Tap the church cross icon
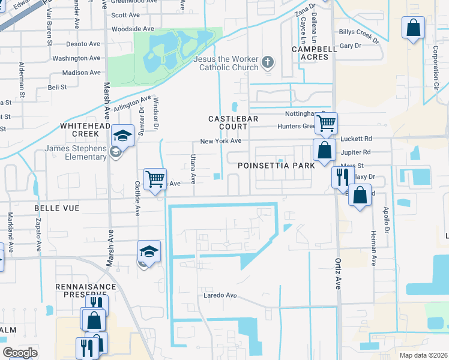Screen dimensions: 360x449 click(268, 62)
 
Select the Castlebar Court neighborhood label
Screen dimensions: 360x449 click(233, 122)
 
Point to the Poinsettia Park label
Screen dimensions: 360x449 click(276, 165)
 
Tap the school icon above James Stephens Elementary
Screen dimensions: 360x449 click(122, 135)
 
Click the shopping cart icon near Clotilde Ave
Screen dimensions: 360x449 click(155, 178)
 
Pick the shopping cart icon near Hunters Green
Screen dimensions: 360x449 click(326, 123)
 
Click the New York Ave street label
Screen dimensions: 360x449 click(220, 141)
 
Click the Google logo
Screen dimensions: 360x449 click(20, 353)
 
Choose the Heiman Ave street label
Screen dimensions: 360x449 click(373, 248)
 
